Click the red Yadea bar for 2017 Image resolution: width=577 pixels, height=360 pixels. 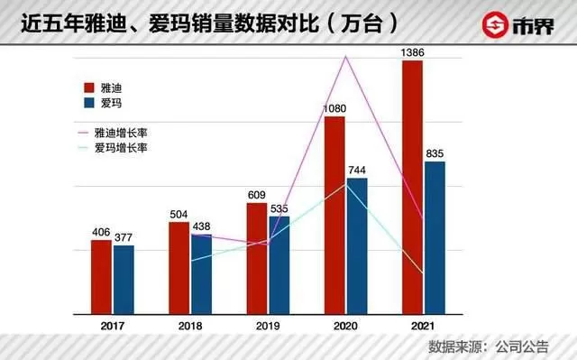click(101, 277)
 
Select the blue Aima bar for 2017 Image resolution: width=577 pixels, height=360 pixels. click(124, 280)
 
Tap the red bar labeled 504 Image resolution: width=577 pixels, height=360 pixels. click(179, 268)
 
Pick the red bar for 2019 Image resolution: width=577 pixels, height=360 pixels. click(257, 258)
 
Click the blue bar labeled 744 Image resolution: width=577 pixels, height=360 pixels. click(357, 246)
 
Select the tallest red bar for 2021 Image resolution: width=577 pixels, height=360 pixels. click(413, 188)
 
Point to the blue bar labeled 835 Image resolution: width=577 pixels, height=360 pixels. click(435, 238)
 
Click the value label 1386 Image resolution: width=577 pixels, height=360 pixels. click(413, 52)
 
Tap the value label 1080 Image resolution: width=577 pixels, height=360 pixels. click(334, 108)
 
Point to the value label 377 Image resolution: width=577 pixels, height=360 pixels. click(124, 237)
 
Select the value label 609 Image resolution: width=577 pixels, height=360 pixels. click(256, 195)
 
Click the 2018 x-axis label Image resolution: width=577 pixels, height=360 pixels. click(190, 326)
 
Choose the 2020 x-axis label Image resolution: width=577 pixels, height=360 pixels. click(345, 326)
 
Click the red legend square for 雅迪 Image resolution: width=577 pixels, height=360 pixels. click(89, 88)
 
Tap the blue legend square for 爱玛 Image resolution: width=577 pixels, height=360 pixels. click(89, 103)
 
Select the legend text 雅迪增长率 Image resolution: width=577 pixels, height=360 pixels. click(121, 133)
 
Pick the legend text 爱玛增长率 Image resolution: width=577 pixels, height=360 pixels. click(121, 148)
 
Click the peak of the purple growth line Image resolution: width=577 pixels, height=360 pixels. click(345, 56)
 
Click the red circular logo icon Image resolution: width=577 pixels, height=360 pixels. click(495, 25)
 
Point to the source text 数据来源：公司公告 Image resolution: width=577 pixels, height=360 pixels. click(489, 346)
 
